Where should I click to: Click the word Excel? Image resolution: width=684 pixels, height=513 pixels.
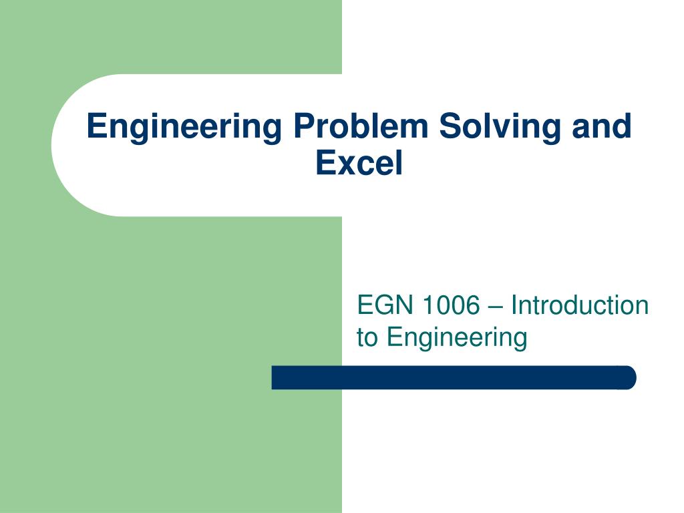pos(359,163)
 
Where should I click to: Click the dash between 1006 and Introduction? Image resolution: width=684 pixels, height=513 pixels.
pos(495,307)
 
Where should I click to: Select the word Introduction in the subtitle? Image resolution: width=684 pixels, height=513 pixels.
pos(580,306)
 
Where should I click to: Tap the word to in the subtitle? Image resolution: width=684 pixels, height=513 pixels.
pos(367,338)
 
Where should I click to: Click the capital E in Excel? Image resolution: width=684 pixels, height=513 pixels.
pos(324,163)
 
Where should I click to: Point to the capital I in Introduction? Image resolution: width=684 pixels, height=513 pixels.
pos(514,306)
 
